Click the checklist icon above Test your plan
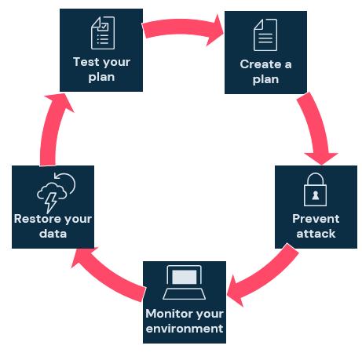tap(103, 33)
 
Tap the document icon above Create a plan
tap(265, 35)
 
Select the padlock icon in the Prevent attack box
tap(315, 189)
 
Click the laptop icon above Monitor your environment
tap(184, 282)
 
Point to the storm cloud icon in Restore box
tap(56, 192)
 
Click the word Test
tap(86, 62)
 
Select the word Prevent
tap(316, 219)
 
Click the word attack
tap(316, 234)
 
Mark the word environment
tap(185, 329)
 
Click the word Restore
tap(36, 219)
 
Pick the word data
tap(53, 234)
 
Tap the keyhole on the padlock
tap(316, 195)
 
